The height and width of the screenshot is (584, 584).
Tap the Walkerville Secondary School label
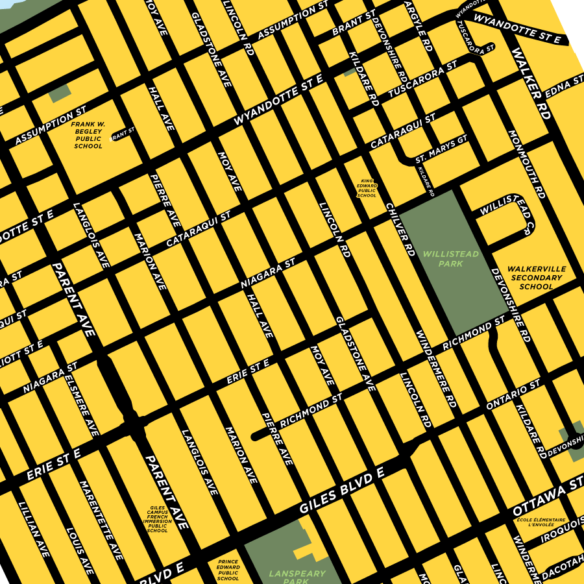(536, 277)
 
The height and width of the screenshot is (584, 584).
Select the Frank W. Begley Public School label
(88, 134)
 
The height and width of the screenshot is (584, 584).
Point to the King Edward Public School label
(367, 188)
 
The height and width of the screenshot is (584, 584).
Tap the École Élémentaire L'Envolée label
(541, 522)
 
